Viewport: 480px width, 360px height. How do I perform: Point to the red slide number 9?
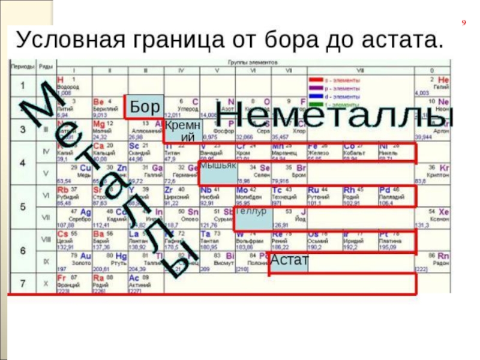(463, 23)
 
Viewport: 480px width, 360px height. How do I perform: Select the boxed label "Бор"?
(144, 107)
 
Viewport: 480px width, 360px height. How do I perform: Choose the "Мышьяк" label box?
(218, 171)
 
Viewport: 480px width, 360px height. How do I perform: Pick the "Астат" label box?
(289, 260)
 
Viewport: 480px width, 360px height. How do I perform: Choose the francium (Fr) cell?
(72, 284)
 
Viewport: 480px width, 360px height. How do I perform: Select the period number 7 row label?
(22, 283)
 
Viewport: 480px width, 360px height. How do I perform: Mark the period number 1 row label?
(22, 85)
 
